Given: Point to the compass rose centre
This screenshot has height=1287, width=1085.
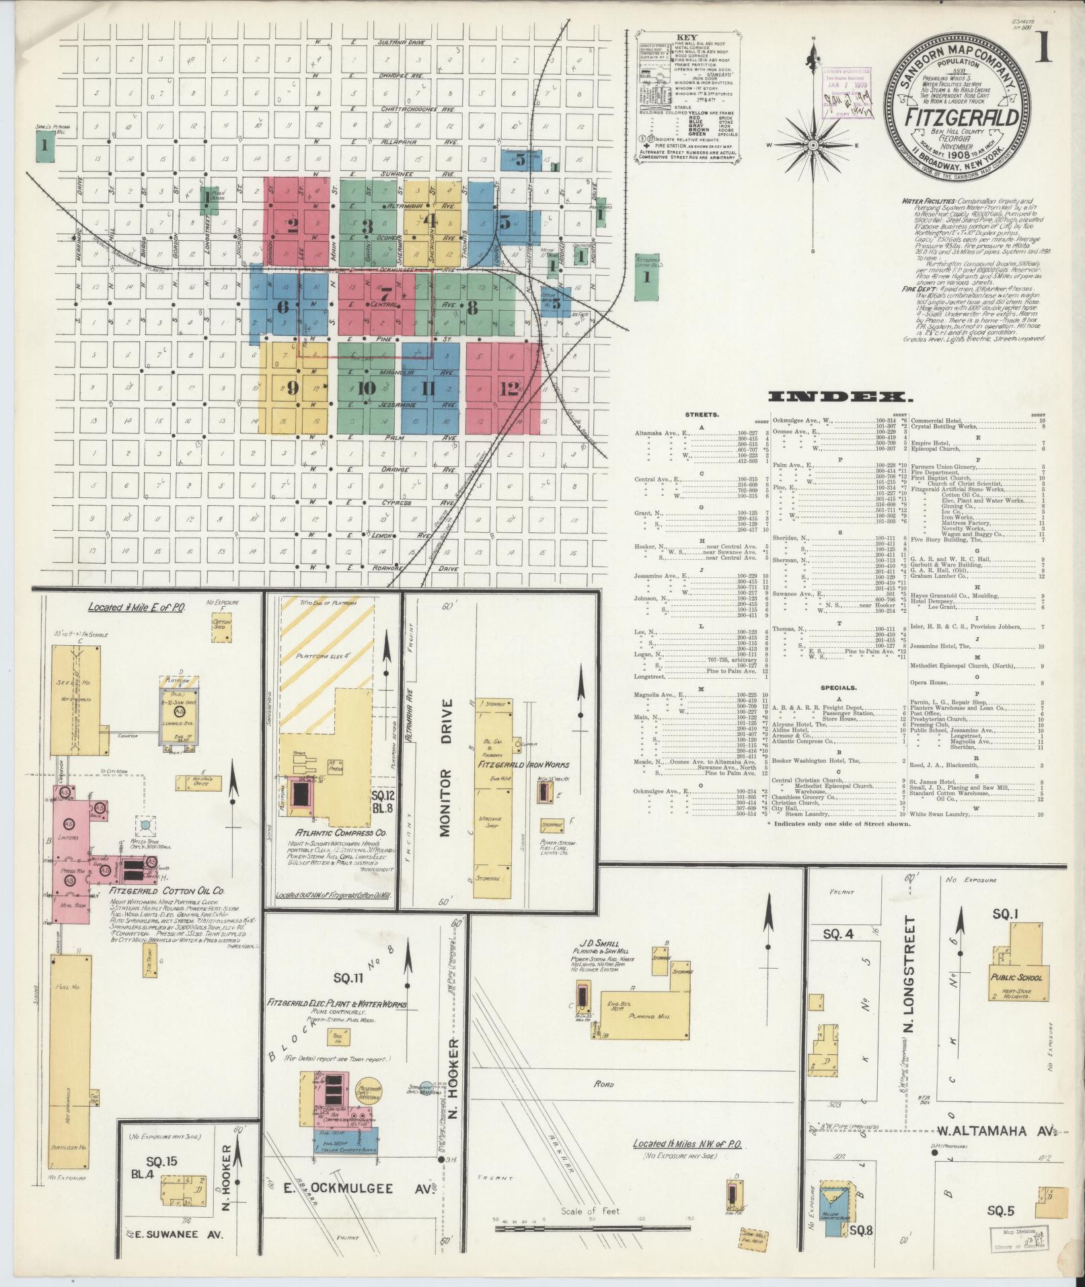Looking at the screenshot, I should point(813,145).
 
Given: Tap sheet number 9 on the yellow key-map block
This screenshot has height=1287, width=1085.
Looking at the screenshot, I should point(293,388).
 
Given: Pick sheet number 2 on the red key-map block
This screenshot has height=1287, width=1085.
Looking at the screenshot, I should point(293,225).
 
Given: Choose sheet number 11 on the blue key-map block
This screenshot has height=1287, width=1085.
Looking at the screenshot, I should point(428,388).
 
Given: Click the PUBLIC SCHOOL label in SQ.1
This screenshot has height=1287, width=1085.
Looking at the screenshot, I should point(1014,977).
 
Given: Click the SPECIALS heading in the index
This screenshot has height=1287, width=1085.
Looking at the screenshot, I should point(838,688).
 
